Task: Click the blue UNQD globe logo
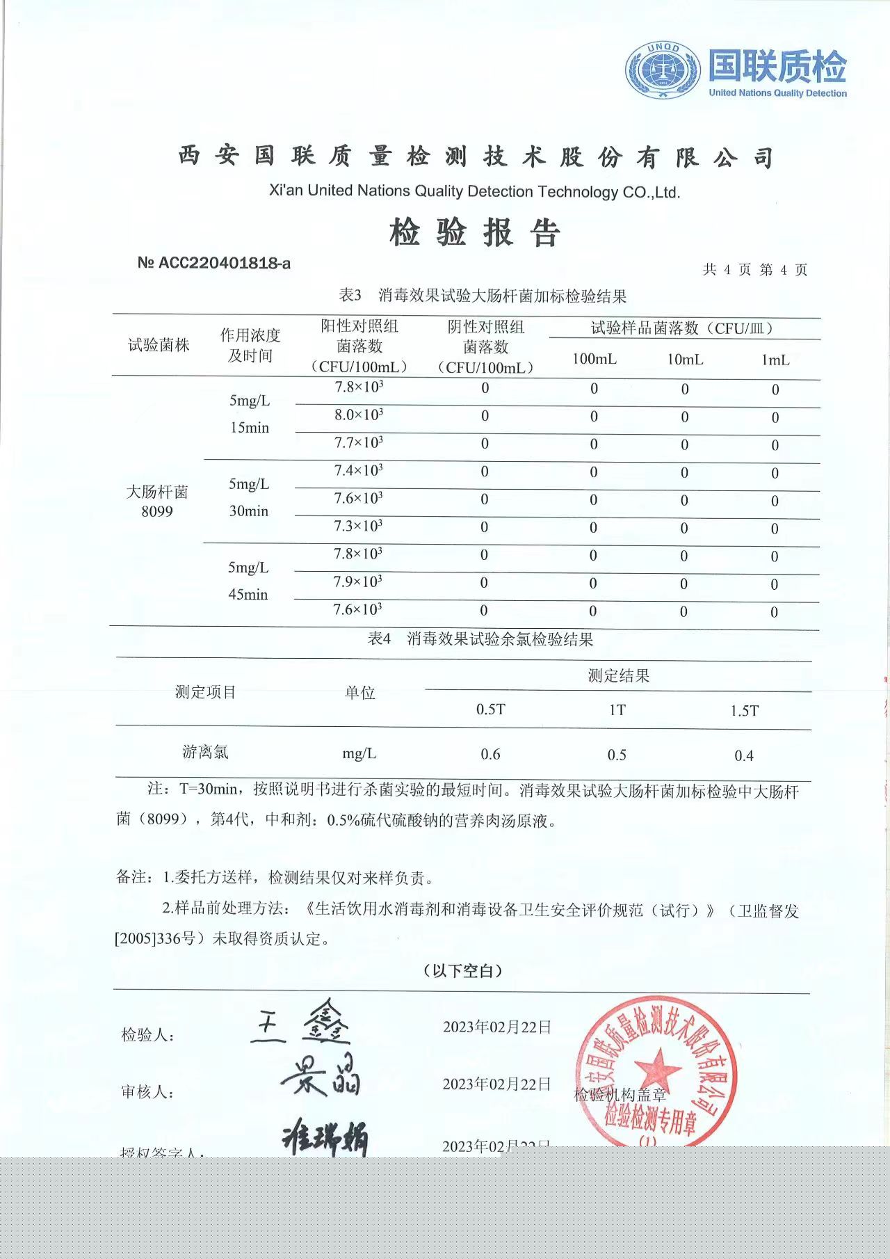[663, 70]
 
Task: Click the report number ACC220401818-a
[214, 263]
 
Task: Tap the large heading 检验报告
[475, 232]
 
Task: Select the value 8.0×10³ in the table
[359, 415]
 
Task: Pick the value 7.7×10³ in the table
[359, 443]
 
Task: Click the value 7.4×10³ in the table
[359, 471]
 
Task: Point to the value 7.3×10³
[358, 527]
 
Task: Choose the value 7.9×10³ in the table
[358, 582]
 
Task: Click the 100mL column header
[594, 359]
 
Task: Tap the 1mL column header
[775, 360]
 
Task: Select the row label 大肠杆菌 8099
[157, 502]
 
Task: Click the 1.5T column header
[744, 711]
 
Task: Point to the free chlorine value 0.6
[490, 754]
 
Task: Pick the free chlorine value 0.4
[744, 755]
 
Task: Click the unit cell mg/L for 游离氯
[359, 753]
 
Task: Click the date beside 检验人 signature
[497, 1027]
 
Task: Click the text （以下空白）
[462, 971]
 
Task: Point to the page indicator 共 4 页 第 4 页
[754, 270]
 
